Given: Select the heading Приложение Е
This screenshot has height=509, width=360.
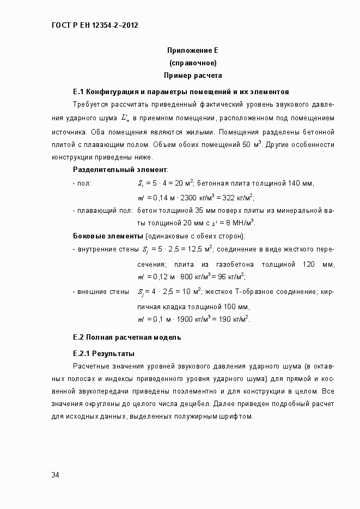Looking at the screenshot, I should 192,51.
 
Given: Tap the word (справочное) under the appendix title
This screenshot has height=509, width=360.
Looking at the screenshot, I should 193,63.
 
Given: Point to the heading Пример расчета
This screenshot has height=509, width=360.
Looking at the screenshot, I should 193,76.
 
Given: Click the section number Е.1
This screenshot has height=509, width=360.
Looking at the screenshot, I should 78,91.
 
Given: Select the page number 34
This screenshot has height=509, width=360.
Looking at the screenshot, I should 55,475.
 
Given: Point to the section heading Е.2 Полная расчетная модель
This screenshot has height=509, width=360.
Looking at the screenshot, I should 127,337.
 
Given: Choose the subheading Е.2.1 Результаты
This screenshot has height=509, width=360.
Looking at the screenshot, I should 103,353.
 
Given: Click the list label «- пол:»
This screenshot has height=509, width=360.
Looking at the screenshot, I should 82,183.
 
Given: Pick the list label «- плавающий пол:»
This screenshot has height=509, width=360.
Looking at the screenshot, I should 103,210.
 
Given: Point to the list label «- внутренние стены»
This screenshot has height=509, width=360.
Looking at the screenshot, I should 106,250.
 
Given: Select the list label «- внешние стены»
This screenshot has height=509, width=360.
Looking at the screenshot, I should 101,291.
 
